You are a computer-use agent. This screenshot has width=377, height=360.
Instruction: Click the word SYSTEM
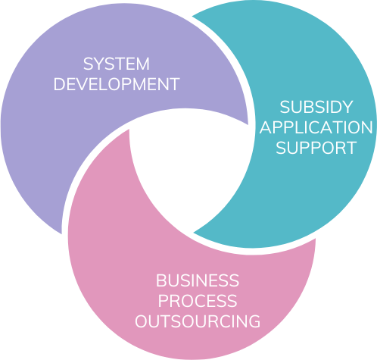117,64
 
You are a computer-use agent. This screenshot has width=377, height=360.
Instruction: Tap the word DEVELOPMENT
117,84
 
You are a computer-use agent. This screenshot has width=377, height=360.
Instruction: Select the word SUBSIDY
316,107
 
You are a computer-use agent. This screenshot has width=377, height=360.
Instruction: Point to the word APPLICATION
316,127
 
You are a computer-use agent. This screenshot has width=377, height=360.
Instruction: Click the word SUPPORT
316,148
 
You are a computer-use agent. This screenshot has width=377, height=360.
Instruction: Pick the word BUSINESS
198,280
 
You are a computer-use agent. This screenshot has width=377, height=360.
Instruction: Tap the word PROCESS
198,301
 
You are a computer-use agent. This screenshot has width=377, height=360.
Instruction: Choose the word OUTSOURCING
198,321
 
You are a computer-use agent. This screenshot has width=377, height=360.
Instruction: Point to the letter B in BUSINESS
160,280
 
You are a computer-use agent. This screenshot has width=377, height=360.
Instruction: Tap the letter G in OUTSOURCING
254,321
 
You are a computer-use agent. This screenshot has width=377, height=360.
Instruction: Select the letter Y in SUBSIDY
347,107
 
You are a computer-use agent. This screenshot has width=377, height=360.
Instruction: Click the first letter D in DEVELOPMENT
59,84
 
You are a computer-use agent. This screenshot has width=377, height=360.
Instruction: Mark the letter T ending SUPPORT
351,148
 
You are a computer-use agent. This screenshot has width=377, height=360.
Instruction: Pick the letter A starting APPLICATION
265,127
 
